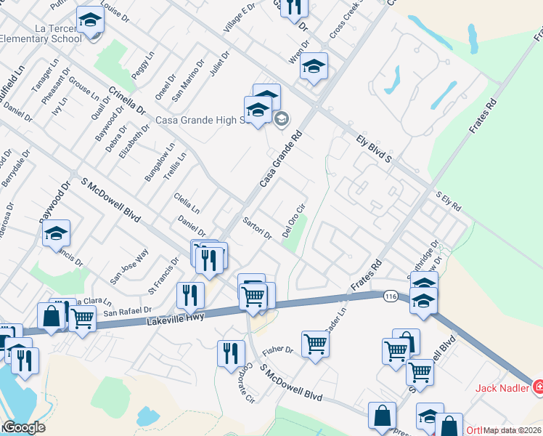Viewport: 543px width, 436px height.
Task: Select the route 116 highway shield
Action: (391, 296)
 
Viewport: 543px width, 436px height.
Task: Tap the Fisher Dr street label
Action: (277, 350)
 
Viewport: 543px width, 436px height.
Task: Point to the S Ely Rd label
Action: (448, 201)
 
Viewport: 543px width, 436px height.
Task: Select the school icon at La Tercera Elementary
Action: (90, 21)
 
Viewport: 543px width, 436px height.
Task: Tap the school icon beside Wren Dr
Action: (314, 67)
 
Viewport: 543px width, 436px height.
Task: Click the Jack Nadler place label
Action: (502, 387)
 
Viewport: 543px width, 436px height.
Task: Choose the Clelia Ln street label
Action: (187, 203)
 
